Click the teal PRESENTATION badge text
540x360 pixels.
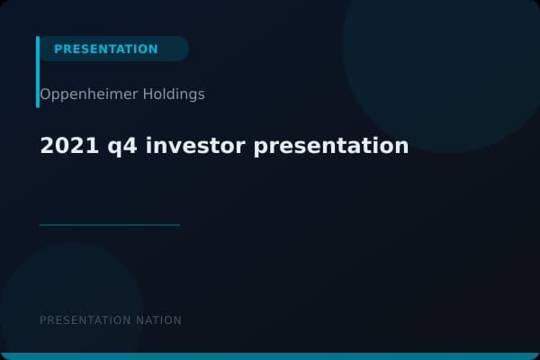click(105, 49)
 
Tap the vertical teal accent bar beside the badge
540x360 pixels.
click(38, 72)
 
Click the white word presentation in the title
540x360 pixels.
click(331, 146)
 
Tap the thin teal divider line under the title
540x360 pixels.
click(110, 225)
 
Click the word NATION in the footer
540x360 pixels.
click(158, 320)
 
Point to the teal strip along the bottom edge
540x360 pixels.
click(270, 356)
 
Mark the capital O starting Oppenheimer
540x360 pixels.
click(45, 94)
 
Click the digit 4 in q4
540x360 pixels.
click(119, 145)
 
